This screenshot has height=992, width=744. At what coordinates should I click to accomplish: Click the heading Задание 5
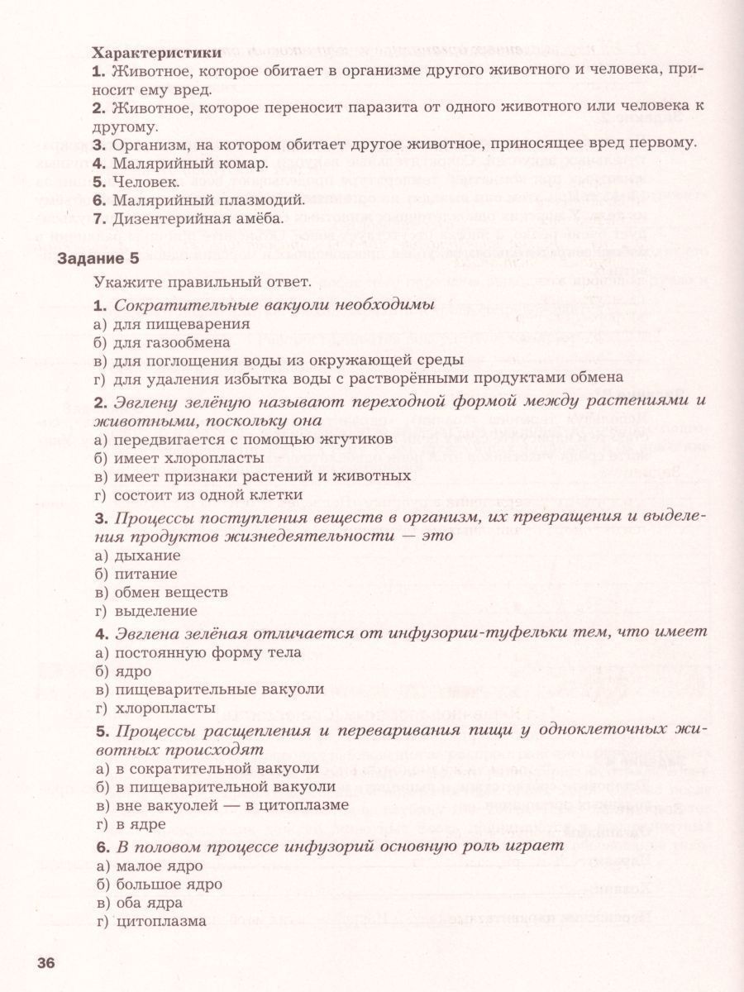[x=98, y=260]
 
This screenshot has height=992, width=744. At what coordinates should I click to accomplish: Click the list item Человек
[x=136, y=181]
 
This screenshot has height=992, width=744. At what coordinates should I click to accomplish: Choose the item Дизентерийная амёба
[x=188, y=219]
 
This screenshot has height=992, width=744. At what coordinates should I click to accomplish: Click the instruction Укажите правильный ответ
[x=202, y=284]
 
